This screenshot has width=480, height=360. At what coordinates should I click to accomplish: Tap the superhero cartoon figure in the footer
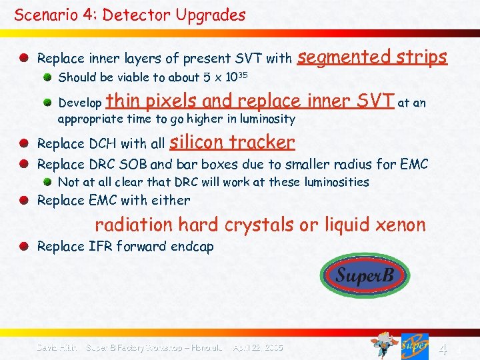click(x=384, y=345)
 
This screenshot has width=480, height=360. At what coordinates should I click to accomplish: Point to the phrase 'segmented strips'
click(x=372, y=57)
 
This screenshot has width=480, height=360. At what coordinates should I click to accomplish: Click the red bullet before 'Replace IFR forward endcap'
click(x=24, y=247)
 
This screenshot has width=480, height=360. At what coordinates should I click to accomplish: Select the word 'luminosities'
click(x=336, y=182)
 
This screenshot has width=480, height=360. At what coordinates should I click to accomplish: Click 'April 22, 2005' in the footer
click(x=258, y=347)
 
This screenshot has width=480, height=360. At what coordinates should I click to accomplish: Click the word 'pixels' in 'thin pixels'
click(x=171, y=101)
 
